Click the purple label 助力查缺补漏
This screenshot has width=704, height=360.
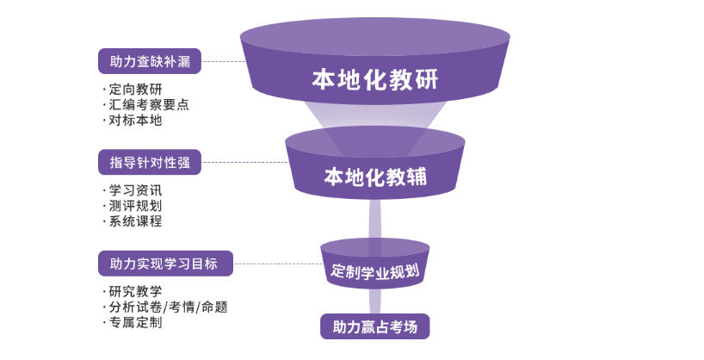[150, 61]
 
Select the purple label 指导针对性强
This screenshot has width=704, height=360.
[150, 162]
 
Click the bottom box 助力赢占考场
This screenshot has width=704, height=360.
[374, 327]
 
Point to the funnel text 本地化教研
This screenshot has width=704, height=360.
[374, 80]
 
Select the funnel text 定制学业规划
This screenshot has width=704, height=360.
[375, 270]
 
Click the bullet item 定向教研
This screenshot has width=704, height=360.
[135, 90]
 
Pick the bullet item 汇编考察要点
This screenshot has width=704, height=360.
[149, 105]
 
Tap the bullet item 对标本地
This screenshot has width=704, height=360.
[135, 121]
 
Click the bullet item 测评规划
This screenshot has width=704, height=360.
[135, 206]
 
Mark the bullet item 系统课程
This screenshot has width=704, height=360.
[135, 221]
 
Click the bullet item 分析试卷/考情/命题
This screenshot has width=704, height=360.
[168, 307]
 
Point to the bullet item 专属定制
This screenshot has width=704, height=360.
[135, 322]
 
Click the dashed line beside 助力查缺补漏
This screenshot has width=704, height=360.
[222, 61]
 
